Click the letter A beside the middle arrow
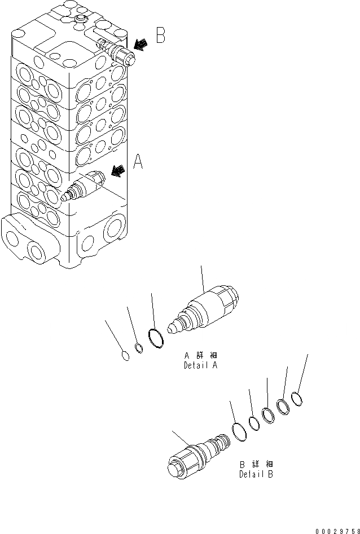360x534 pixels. pyautogui.click(x=138, y=163)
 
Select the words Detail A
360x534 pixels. pyautogui.click(x=200, y=365)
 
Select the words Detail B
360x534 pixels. pyautogui.click(x=256, y=474)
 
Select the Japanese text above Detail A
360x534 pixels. pyautogui.click(x=200, y=356)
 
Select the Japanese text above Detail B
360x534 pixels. pyautogui.click(x=256, y=465)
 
